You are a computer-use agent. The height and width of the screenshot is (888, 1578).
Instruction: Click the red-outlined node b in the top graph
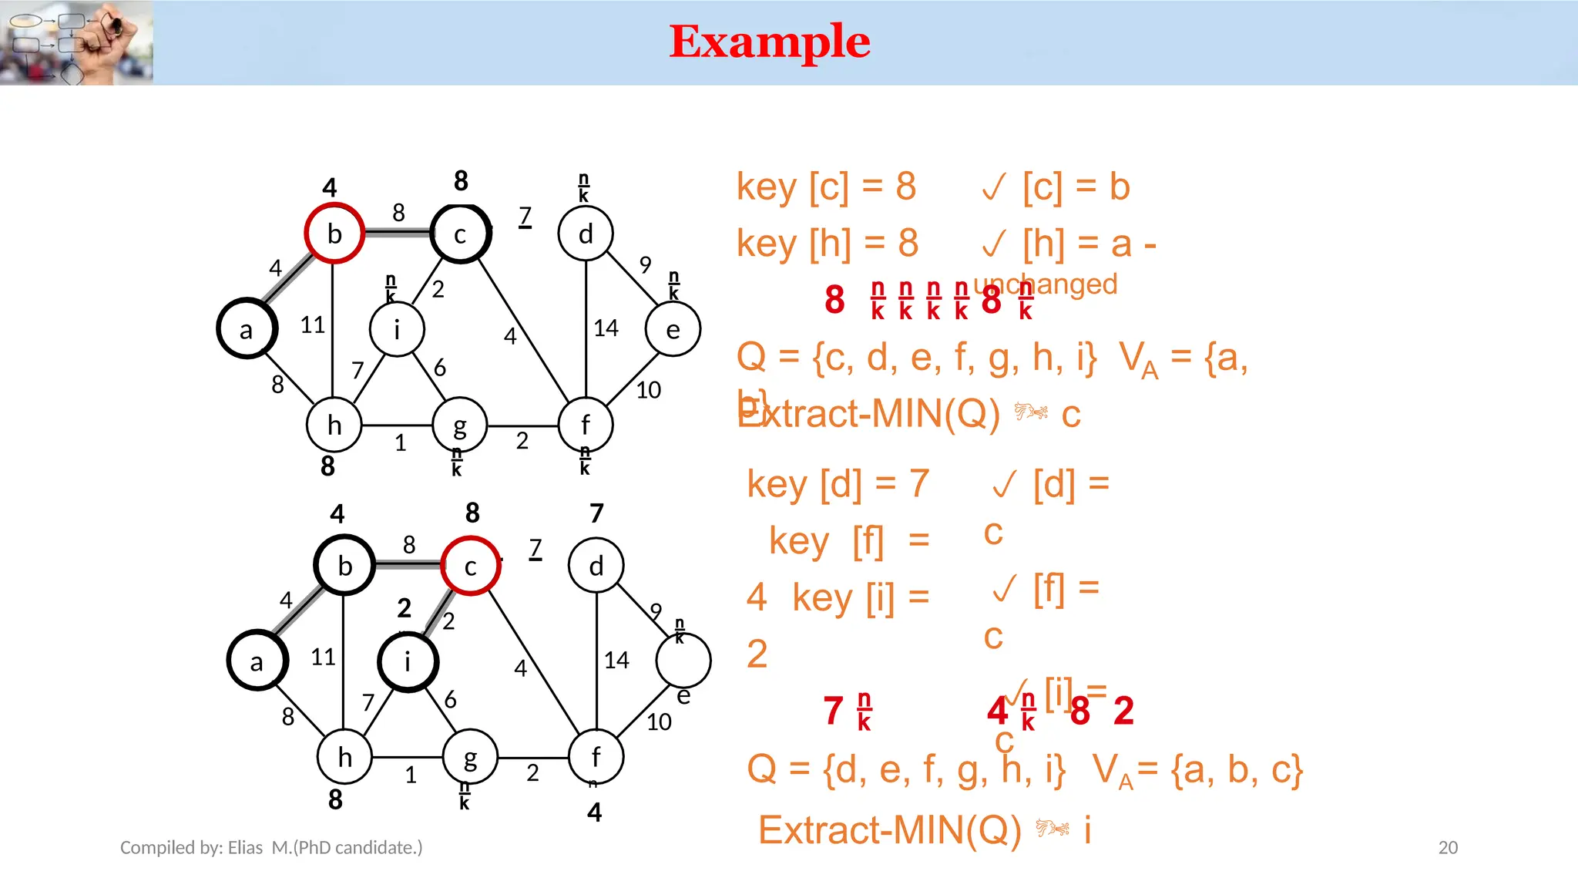[x=334, y=233]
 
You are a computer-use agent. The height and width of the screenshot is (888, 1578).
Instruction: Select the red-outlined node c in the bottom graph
[x=471, y=566]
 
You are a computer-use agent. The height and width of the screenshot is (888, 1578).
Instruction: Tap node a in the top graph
[x=247, y=329]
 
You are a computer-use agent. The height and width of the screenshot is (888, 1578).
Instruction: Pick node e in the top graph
[x=673, y=329]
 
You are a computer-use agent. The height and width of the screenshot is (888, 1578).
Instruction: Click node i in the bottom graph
[x=408, y=661]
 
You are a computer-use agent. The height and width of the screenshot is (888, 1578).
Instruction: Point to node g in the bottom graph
[x=470, y=757]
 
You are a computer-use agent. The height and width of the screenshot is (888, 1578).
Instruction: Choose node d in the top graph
[x=586, y=233]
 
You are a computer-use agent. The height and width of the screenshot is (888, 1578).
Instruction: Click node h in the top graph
[x=334, y=425]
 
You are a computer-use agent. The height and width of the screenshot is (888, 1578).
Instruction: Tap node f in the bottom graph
[x=596, y=757]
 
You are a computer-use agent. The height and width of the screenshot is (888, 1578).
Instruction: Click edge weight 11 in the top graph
[x=313, y=325]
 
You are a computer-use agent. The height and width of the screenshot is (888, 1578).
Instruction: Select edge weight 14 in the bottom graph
[x=616, y=660]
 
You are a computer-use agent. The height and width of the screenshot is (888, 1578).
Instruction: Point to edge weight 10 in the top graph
[x=648, y=390]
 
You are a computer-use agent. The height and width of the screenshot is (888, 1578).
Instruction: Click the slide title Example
[x=770, y=42]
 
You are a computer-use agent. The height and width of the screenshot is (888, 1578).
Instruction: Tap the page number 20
[x=1448, y=848]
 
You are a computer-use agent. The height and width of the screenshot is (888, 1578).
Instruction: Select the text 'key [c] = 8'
[x=826, y=187]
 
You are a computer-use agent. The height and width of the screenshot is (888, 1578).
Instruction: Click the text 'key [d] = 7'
[x=838, y=484]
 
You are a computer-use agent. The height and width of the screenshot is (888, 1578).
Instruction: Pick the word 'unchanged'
[x=1046, y=284]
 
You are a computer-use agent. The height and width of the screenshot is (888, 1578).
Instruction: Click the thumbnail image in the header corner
[x=76, y=42]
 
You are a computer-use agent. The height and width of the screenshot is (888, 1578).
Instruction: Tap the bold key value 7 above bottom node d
[x=596, y=513]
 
